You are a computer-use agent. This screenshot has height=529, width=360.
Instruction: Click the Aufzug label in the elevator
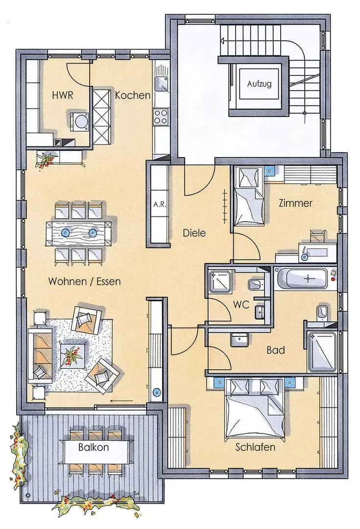[259, 84]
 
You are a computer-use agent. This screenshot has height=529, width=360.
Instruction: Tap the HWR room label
[62, 95]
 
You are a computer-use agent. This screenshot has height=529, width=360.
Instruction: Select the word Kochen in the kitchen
[133, 95]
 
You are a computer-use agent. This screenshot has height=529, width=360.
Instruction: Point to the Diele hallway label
[194, 233]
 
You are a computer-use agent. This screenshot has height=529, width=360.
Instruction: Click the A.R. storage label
[160, 204]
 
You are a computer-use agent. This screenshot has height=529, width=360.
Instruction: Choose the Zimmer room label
[295, 203]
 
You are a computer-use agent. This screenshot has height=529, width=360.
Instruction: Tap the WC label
[241, 305]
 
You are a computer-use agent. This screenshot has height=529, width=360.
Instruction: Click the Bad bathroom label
[276, 350]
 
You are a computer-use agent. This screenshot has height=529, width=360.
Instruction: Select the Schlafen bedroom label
[255, 447]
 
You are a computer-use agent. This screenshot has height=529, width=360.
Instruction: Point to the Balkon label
[94, 447]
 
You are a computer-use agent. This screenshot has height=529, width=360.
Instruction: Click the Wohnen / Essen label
[84, 281]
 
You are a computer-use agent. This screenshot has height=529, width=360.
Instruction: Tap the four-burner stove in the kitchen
[161, 117]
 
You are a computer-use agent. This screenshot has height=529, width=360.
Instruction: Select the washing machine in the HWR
[80, 120]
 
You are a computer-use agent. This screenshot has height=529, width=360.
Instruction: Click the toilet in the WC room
[255, 285]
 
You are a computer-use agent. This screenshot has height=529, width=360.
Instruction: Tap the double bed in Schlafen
[255, 409]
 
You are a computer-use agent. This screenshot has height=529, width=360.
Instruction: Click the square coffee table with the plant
[73, 355]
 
